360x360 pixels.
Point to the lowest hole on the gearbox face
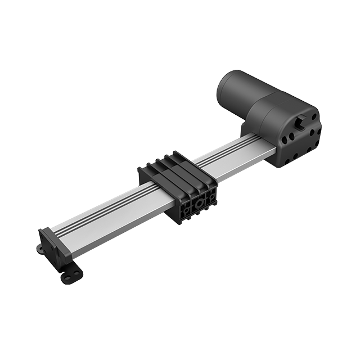287,161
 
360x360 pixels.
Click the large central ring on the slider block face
200,202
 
